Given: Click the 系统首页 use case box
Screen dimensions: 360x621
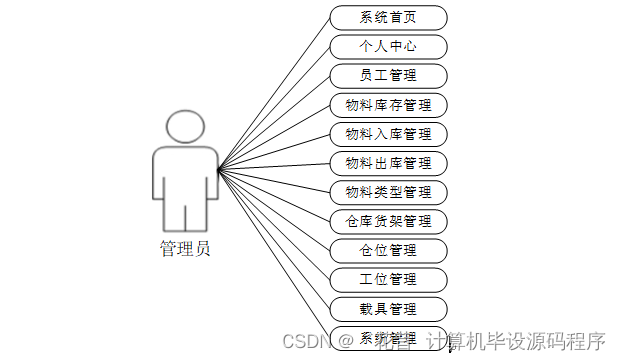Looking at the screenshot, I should click(388, 18).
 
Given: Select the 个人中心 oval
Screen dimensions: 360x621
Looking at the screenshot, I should click(388, 47).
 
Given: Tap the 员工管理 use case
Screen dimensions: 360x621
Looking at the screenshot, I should click(388, 76).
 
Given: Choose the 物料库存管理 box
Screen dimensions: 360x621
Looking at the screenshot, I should click(388, 105).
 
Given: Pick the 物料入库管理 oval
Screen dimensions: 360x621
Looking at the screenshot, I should click(388, 134).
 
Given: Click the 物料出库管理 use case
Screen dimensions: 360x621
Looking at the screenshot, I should click(388, 163).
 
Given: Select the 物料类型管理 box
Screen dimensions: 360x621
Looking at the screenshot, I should click(388, 192).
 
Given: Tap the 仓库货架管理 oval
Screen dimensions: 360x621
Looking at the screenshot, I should click(388, 221).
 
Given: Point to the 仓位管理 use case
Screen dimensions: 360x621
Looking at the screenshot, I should click(388, 250).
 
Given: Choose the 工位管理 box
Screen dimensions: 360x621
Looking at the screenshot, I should click(388, 279).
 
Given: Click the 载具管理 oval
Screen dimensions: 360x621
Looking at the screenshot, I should click(388, 308).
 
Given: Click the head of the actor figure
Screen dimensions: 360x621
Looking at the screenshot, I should click(185, 126).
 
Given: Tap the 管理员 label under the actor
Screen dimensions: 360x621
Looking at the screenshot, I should click(185, 249).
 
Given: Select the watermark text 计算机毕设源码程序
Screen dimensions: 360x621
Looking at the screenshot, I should click(516, 341).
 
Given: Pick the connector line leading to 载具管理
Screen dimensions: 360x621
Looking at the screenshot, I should click(274, 238).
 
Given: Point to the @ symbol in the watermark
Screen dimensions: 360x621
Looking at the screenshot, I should click(344, 341).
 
